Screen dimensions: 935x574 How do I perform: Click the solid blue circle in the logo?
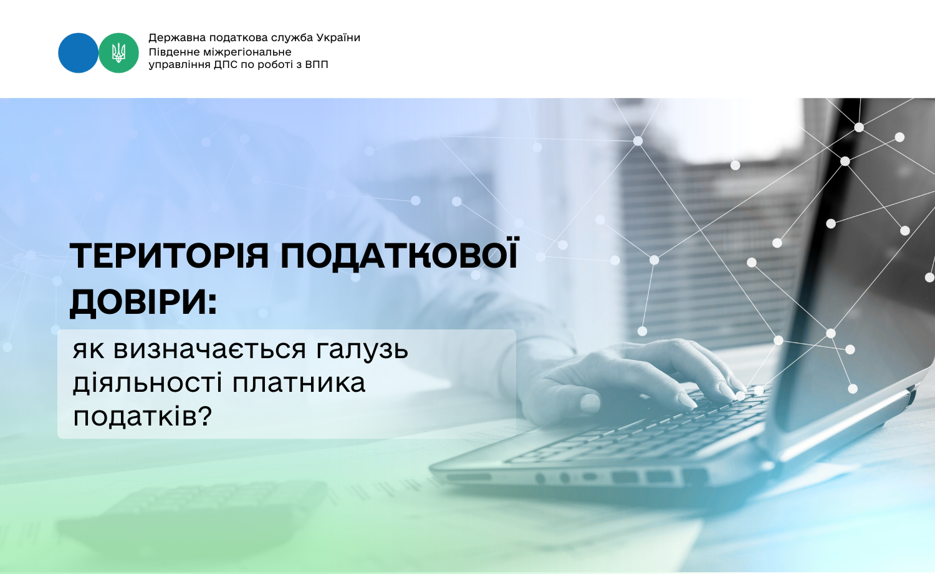(78, 53)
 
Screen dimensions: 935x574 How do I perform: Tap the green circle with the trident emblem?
(118, 53)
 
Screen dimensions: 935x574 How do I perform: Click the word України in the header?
(338, 38)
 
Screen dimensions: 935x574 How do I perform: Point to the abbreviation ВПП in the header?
(317, 65)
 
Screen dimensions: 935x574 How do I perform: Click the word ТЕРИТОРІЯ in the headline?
(169, 255)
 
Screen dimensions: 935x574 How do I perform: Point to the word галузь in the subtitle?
(362, 350)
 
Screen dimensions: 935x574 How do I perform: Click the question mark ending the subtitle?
(204, 416)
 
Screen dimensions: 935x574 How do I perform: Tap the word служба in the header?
(291, 38)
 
